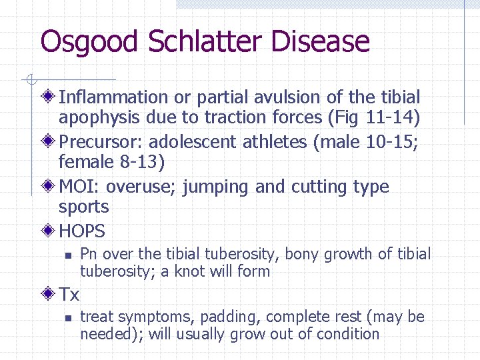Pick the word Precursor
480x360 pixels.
click(x=100, y=142)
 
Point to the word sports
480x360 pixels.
click(x=83, y=207)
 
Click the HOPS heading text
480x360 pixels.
click(x=82, y=231)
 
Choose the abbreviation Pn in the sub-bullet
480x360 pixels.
click(x=89, y=254)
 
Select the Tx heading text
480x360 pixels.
click(x=69, y=294)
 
